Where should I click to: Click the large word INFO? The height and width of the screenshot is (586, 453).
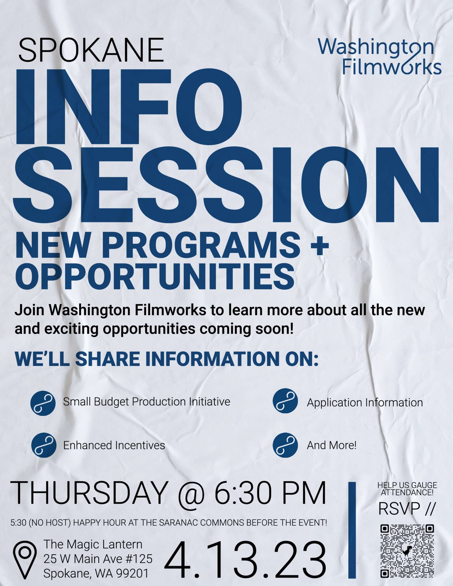[128, 107]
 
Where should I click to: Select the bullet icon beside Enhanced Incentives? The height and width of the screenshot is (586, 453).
[44, 446]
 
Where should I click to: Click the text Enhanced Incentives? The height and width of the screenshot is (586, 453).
[114, 446]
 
